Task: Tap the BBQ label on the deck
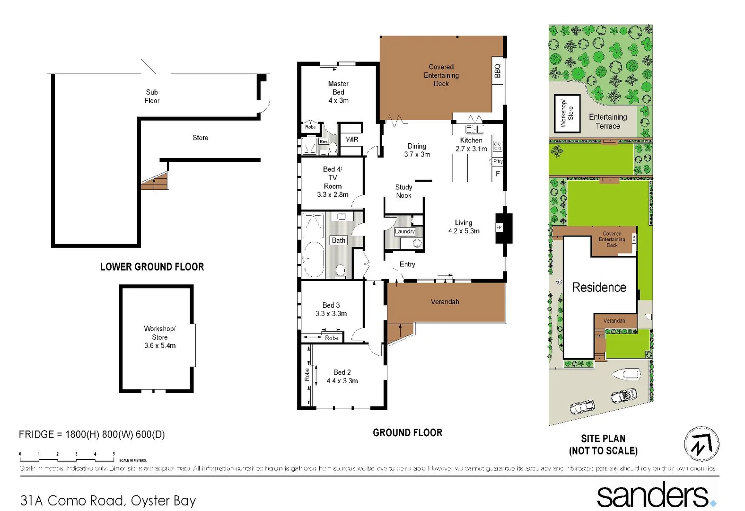tap(497, 70)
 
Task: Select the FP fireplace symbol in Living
tap(500, 228)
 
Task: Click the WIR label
tap(352, 139)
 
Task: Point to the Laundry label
tap(405, 231)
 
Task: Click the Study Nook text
tap(403, 191)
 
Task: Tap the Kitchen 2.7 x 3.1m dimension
tap(471, 149)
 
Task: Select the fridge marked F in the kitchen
tap(498, 174)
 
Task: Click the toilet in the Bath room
tap(340, 270)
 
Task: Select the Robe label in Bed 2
tap(307, 375)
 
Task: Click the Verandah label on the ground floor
tap(445, 301)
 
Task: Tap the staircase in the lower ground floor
tap(155, 182)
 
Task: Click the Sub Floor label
tap(152, 96)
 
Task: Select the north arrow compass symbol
tap(701, 444)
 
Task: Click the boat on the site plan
tap(626, 375)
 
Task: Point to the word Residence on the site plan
tap(599, 287)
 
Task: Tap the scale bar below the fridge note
tap(67, 457)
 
